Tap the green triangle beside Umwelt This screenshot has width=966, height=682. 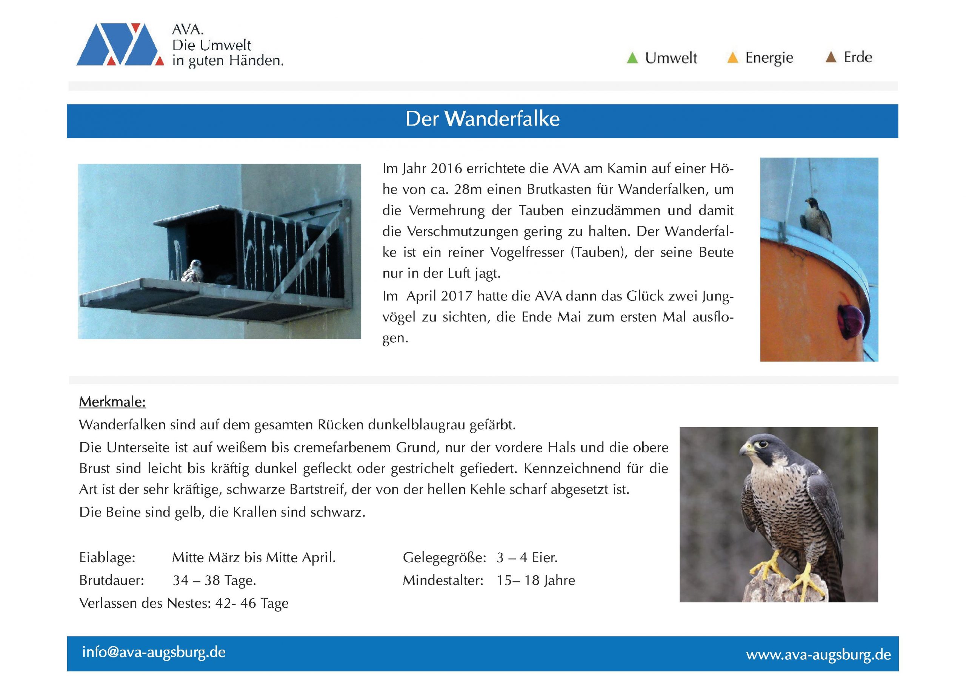(x=632, y=58)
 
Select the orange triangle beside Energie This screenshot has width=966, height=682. (x=732, y=58)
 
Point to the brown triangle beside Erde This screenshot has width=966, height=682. (x=831, y=57)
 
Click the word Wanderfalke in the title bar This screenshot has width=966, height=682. (x=502, y=119)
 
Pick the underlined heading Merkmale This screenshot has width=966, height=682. (x=112, y=402)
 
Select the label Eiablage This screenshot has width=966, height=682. (x=107, y=558)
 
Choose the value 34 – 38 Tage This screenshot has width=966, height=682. (x=214, y=581)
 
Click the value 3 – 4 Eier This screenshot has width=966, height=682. (x=527, y=558)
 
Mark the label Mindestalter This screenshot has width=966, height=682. (x=443, y=581)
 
